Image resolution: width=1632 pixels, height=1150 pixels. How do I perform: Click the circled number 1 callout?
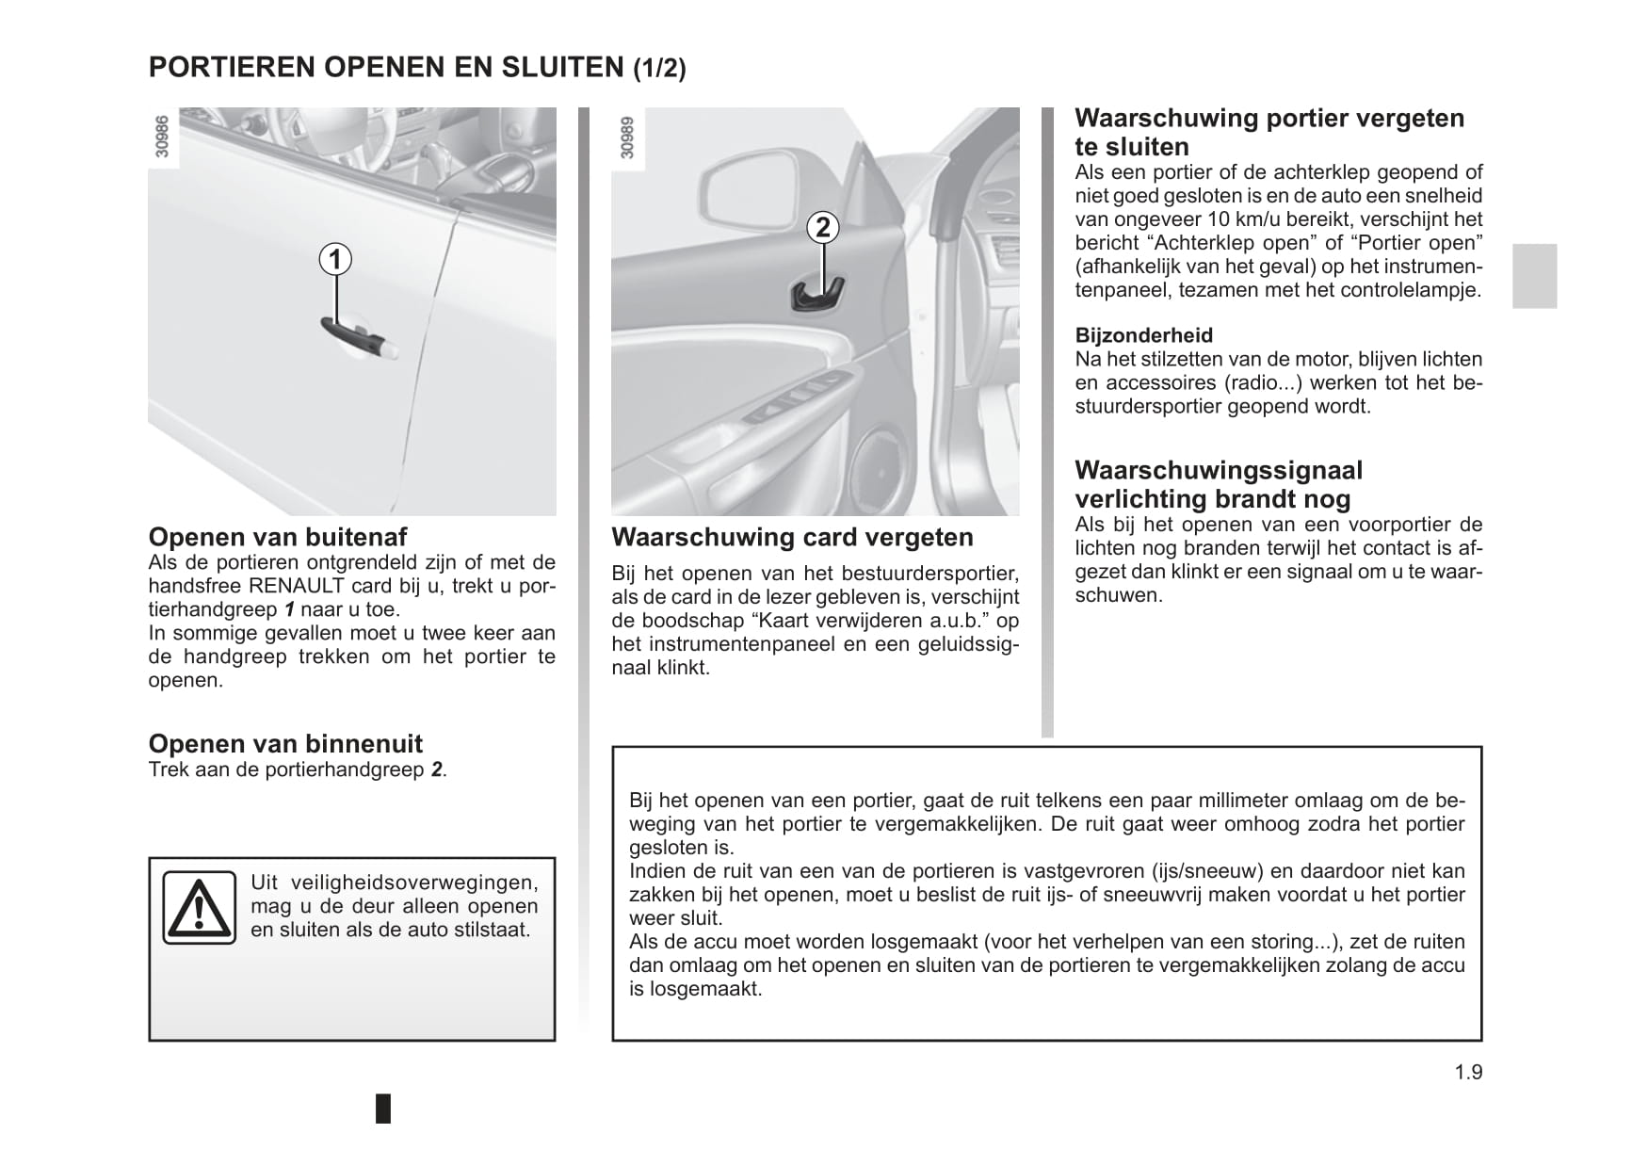334,258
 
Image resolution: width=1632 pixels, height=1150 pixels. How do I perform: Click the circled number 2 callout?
823,227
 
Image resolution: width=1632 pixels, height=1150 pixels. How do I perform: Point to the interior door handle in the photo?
817,295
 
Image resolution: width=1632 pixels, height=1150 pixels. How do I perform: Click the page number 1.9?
1467,1072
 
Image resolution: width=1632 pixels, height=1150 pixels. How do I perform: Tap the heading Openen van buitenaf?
278,537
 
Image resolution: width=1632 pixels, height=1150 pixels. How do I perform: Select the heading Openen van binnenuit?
285,744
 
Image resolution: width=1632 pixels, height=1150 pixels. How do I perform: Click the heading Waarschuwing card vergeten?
792,538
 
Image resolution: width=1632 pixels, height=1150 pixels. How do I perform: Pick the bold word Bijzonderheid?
1143,335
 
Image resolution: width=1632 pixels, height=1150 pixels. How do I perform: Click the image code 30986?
162,137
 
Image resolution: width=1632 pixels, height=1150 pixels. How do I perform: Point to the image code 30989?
626,137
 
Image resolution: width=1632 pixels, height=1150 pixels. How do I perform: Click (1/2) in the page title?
659,68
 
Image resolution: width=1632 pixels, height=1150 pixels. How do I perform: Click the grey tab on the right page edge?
1534,276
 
